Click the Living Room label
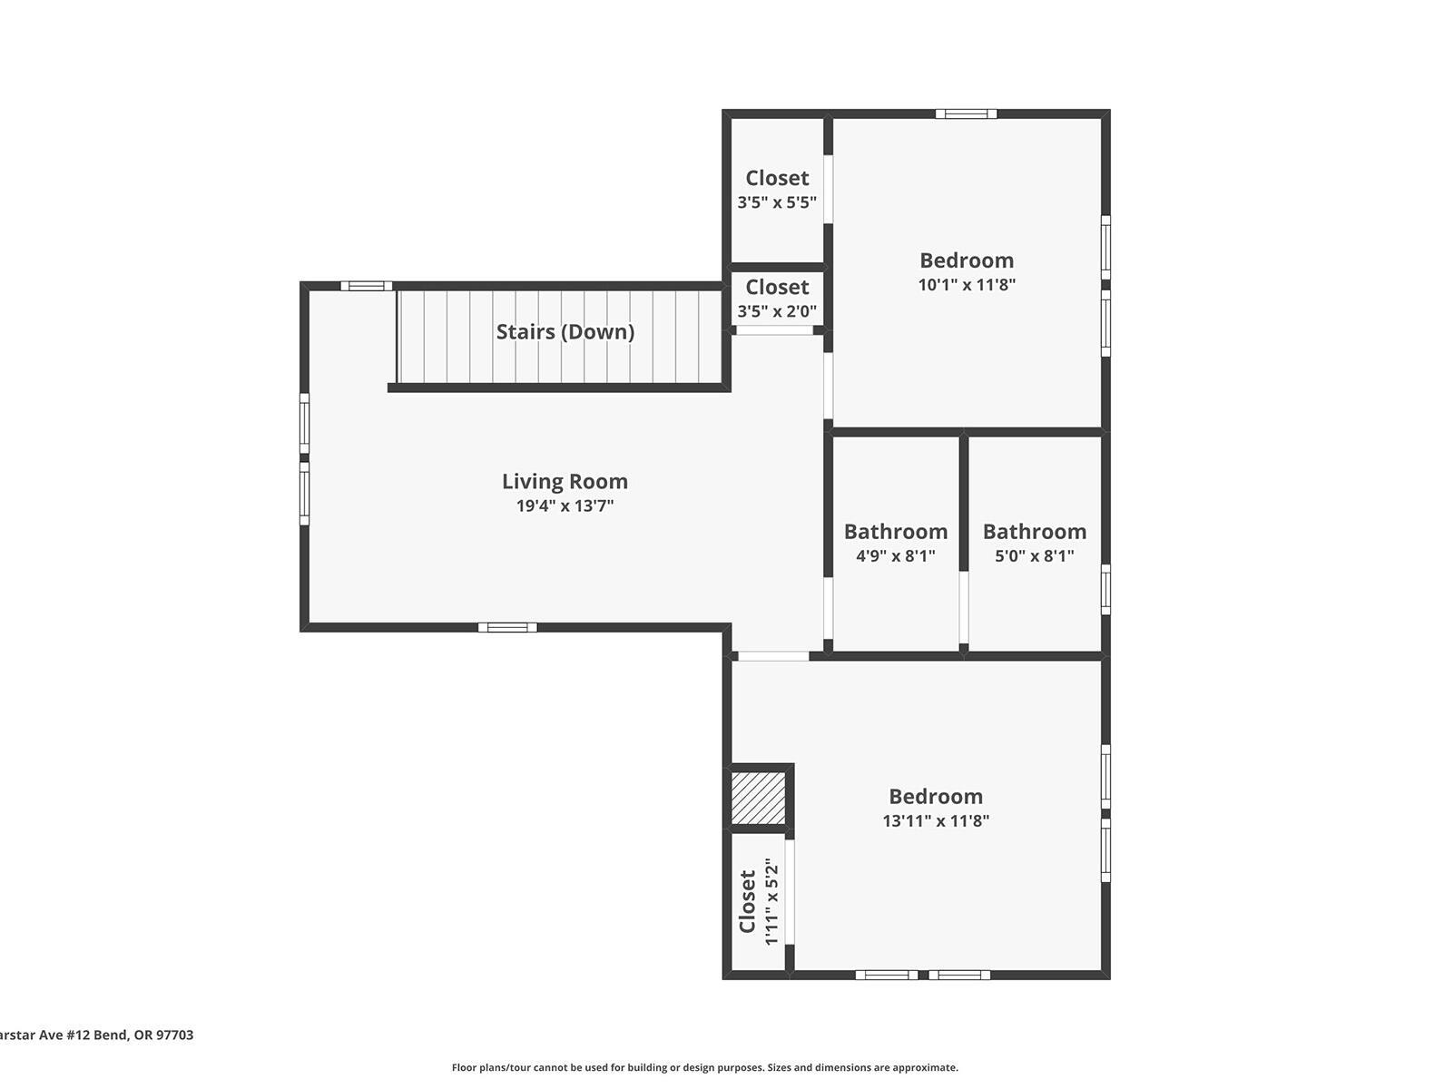pos(565,482)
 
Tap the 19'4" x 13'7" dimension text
pos(565,506)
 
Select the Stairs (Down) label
pos(565,332)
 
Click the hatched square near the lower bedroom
pos(758,798)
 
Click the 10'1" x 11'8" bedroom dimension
pos(967,285)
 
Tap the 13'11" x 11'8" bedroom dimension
pos(936,821)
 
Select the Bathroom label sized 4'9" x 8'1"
pos(896,532)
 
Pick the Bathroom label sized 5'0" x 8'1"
pos(1035,532)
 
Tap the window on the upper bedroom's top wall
pos(967,114)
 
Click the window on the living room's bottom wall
pos(507,627)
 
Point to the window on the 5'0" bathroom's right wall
pos(1105,590)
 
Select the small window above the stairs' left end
pos(367,286)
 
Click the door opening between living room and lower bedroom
pos(772,656)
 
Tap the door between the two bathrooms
pos(964,607)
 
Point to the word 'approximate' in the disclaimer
pos(925,1068)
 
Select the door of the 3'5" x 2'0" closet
pos(774,331)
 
